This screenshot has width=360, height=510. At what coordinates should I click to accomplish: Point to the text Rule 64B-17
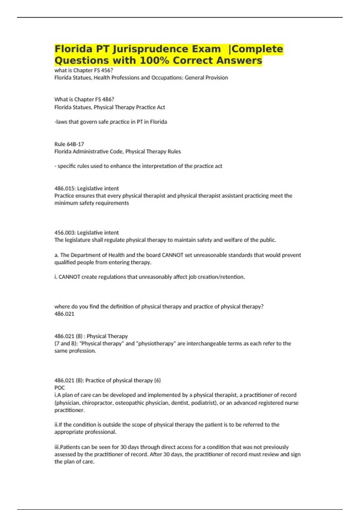coord(69,144)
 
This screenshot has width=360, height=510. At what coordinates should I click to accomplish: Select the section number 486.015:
coord(65,188)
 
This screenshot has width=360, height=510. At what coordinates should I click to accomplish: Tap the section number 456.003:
coord(65,232)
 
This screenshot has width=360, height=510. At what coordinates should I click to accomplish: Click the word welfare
coord(222,240)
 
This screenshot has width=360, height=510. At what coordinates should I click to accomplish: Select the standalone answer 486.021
coord(64,314)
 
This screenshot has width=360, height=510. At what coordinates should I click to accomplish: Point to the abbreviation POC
coord(59,388)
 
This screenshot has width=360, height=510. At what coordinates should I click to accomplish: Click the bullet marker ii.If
coord(58,425)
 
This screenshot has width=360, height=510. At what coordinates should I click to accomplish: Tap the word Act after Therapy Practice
coord(161,107)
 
